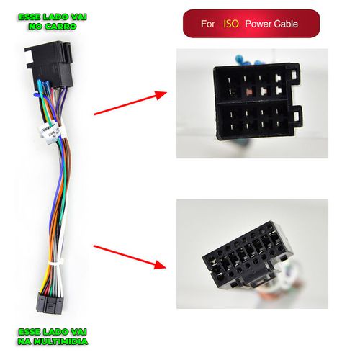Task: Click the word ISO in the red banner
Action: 231,24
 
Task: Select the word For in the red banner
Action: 207,24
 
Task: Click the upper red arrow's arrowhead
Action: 161,94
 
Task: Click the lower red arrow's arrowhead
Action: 159,265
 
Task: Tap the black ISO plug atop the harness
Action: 49,63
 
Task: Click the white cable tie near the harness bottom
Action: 55,262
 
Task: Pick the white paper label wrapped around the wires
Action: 52,132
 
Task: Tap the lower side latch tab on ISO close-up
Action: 297,117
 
